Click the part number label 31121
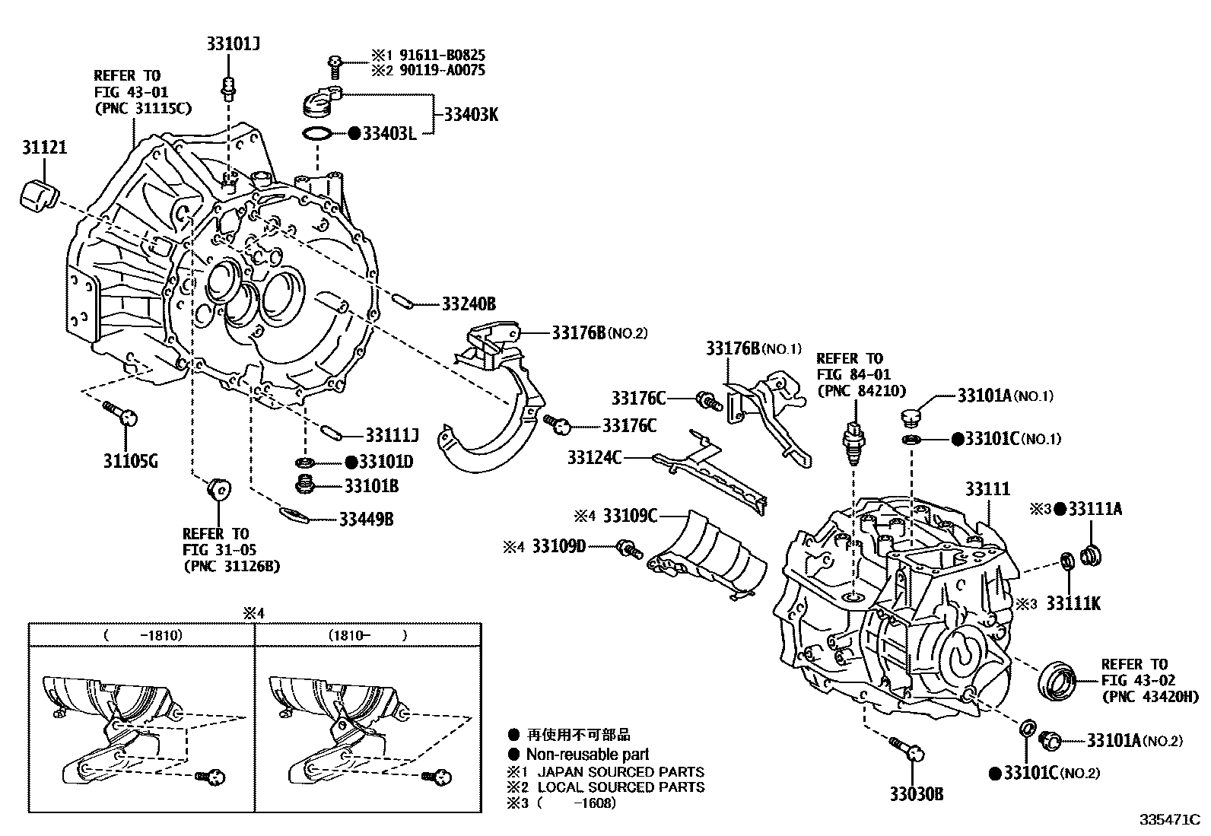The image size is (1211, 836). pyautogui.click(x=43, y=147)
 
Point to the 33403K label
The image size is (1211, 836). pyautogui.click(x=471, y=115)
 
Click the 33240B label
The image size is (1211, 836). pyautogui.click(x=469, y=304)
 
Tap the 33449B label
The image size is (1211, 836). pyautogui.click(x=366, y=520)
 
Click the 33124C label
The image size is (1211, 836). pyautogui.click(x=594, y=457)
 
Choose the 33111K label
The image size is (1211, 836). pyautogui.click(x=1073, y=603)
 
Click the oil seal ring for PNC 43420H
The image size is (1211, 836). pyautogui.click(x=1060, y=679)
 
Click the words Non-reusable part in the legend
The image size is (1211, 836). pyautogui.click(x=587, y=754)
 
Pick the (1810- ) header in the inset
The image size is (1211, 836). pyautogui.click(x=368, y=634)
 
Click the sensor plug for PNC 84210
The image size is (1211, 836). pyautogui.click(x=854, y=442)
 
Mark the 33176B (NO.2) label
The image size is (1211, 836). pyautogui.click(x=599, y=332)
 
